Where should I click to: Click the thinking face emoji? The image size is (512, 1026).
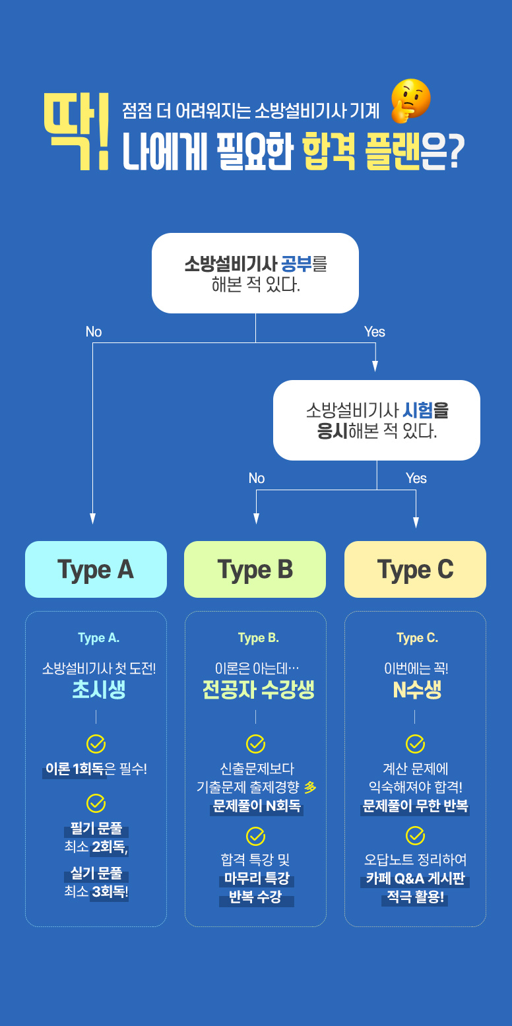pyautogui.click(x=410, y=101)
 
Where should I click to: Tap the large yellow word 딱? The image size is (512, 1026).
pyautogui.click(x=77, y=131)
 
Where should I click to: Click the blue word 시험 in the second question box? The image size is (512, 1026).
pyautogui.click(x=417, y=410)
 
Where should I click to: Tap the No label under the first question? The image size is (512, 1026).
pyautogui.click(x=94, y=332)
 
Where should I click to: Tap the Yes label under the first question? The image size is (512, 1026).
pyautogui.click(x=375, y=332)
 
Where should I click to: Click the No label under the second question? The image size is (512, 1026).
pyautogui.click(x=257, y=478)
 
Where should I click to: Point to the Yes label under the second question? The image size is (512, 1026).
pyautogui.click(x=416, y=478)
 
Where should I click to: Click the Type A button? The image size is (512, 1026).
pyautogui.click(x=96, y=569)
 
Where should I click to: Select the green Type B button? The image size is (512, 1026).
pyautogui.click(x=255, y=569)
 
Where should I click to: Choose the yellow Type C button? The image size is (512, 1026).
pyautogui.click(x=416, y=569)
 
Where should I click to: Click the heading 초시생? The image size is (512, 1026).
pyautogui.click(x=99, y=689)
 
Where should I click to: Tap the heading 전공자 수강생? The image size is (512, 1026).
pyautogui.click(x=258, y=689)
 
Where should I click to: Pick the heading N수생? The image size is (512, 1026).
pyautogui.click(x=417, y=689)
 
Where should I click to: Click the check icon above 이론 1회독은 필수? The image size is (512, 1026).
pyautogui.click(x=96, y=744)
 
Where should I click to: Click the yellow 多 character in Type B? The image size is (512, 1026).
pyautogui.click(x=310, y=787)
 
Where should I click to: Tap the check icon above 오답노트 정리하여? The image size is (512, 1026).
pyautogui.click(x=416, y=836)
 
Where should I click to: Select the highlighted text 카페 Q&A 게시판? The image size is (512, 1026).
pyautogui.click(x=416, y=878)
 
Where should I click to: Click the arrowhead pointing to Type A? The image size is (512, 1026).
pyautogui.click(x=92, y=519)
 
